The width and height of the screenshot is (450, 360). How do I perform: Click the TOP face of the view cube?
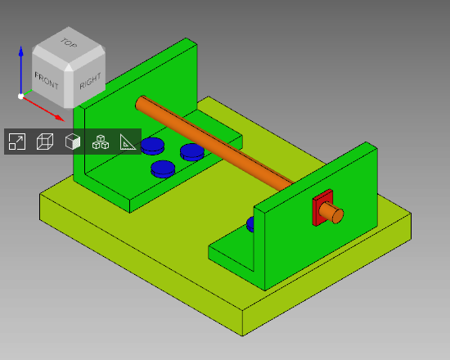click(x=68, y=48)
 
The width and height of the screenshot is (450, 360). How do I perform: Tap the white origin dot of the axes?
click(x=20, y=96)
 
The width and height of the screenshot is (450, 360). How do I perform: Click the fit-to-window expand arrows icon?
click(x=17, y=142)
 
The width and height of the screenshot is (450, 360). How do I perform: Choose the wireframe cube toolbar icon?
click(x=45, y=142)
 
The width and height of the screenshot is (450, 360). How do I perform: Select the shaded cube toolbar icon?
click(x=73, y=142)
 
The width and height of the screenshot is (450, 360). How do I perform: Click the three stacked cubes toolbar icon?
click(x=101, y=142)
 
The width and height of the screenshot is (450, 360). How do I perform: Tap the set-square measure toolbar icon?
click(x=128, y=142)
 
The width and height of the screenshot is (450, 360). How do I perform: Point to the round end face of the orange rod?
click(x=336, y=216)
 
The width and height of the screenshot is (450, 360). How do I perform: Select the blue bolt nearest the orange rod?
click(x=192, y=151)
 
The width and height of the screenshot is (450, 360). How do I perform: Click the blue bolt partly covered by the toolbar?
click(x=151, y=146)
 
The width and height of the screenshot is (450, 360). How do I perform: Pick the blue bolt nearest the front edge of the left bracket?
click(x=163, y=169)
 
